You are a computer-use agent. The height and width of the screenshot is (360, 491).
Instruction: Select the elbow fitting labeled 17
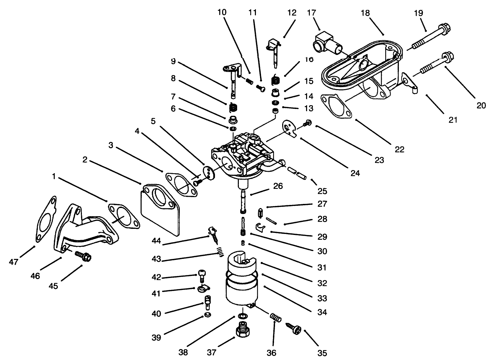click(x=326, y=43)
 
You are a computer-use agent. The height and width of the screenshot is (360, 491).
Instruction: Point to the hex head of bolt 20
click(x=446, y=57)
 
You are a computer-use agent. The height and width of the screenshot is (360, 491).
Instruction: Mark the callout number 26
click(x=278, y=186)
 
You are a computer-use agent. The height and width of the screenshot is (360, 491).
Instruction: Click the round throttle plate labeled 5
click(x=208, y=171)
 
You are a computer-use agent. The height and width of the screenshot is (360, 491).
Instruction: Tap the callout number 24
click(x=355, y=173)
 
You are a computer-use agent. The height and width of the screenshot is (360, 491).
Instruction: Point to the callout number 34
click(x=322, y=312)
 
